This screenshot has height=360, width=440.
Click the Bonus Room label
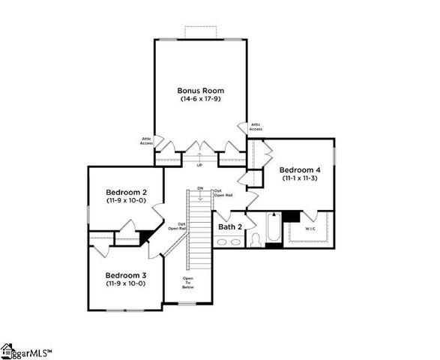click(200, 91)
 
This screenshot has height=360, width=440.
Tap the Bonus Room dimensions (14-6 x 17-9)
click(200, 99)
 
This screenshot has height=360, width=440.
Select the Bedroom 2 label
click(125, 193)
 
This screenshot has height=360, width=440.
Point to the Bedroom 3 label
click(125, 275)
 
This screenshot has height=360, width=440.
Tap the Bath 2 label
click(230, 226)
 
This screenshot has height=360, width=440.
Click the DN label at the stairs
click(200, 187)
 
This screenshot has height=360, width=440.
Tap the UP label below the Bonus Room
click(199, 165)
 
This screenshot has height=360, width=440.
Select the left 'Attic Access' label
click(147, 140)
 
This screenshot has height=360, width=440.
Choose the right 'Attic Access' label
click(256, 127)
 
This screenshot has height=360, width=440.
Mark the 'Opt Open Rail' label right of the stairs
click(221, 194)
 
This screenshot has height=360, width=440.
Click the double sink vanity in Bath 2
click(229, 242)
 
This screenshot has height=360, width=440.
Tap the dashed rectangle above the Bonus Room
click(200, 33)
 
